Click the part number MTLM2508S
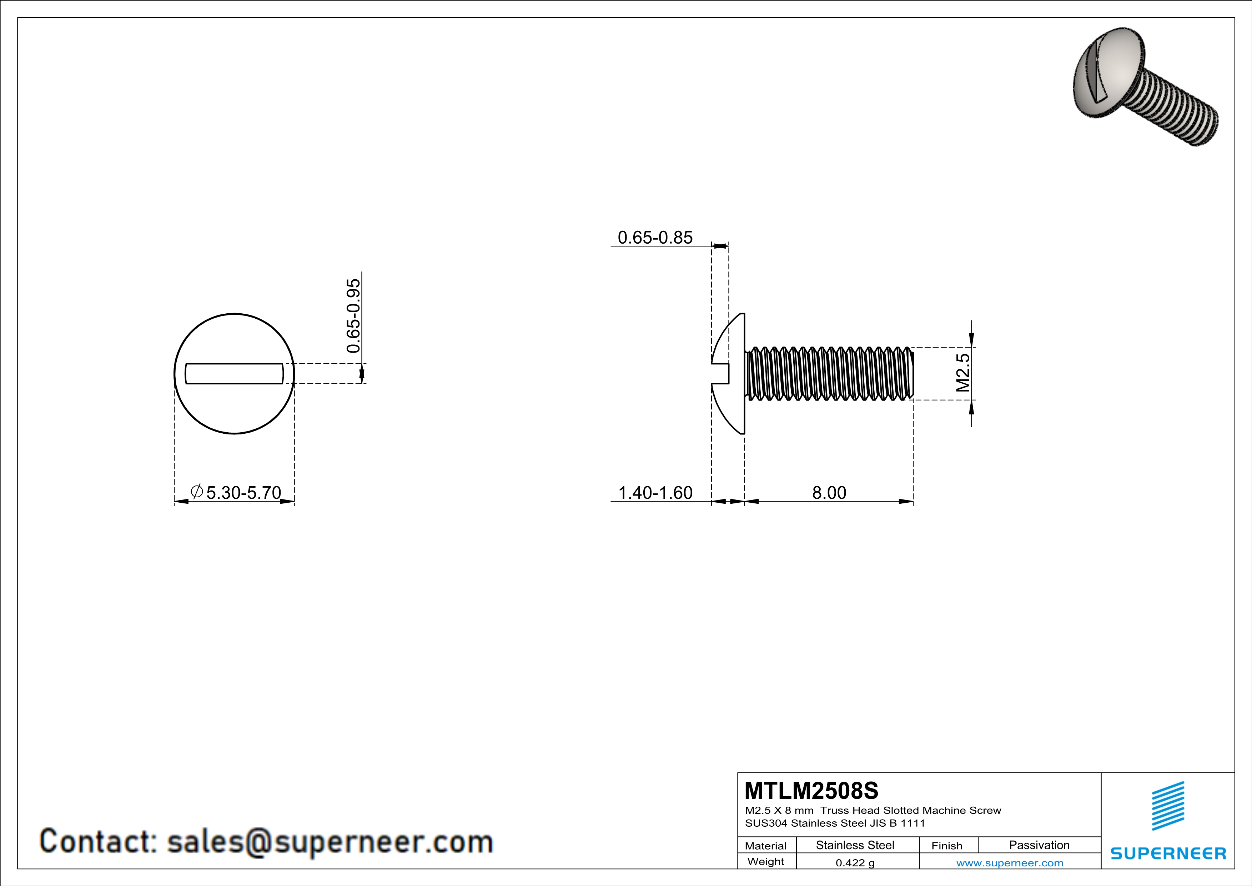(x=811, y=791)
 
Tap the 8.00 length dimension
(x=829, y=493)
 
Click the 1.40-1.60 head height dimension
(x=655, y=493)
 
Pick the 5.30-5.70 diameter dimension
(x=243, y=493)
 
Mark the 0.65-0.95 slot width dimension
(x=353, y=316)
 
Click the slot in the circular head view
(x=235, y=374)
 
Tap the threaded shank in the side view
(x=829, y=374)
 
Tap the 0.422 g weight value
(x=855, y=862)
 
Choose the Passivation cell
(x=1039, y=845)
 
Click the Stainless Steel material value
(x=855, y=845)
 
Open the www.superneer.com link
(x=1009, y=862)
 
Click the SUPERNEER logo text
(x=1168, y=853)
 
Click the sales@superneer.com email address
(x=330, y=841)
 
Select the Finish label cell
(x=947, y=846)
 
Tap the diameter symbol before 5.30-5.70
(x=197, y=492)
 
